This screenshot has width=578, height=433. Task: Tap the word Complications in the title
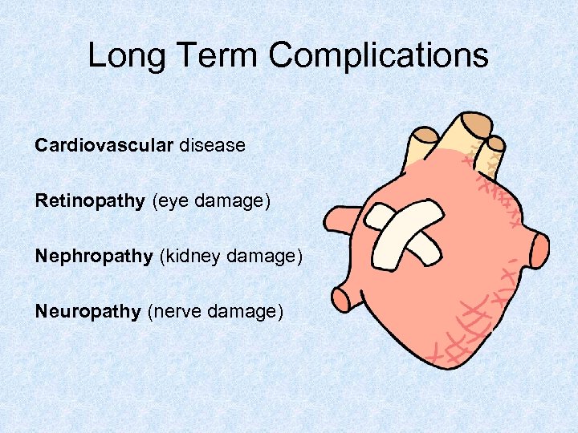click(x=378, y=55)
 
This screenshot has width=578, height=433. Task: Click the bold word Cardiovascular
click(x=104, y=145)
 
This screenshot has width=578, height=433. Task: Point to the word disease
click(x=213, y=145)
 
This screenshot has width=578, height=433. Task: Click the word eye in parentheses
click(x=169, y=200)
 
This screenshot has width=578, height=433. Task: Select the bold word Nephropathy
click(x=94, y=256)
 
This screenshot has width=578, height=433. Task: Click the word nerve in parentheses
click(x=175, y=311)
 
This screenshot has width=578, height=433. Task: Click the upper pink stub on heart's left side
click(x=341, y=219)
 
